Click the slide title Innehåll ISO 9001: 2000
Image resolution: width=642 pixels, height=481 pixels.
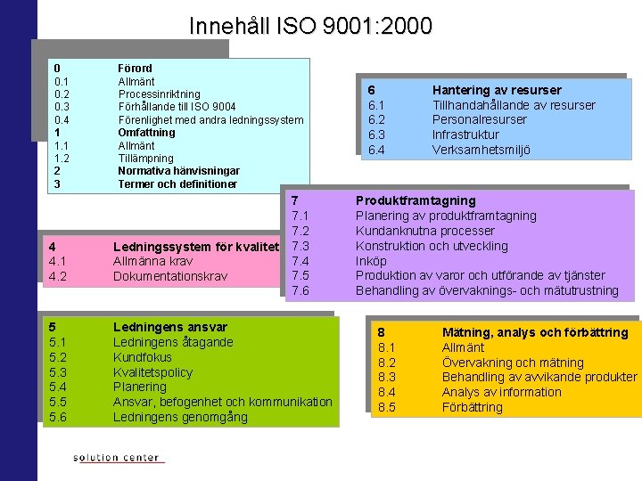click(x=310, y=26)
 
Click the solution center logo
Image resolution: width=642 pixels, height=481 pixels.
click(x=117, y=458)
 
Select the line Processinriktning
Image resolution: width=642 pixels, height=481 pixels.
click(x=159, y=94)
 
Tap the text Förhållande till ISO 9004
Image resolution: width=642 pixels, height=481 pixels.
click(x=177, y=107)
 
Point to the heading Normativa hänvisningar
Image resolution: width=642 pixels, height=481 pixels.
click(x=178, y=170)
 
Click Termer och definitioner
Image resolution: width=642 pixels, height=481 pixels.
click(x=177, y=183)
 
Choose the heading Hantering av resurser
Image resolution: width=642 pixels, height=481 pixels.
click(x=497, y=90)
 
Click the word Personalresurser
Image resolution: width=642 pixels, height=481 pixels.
click(x=479, y=119)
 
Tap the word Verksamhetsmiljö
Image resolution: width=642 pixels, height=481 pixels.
click(x=481, y=150)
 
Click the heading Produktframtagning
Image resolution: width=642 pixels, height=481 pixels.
click(x=416, y=200)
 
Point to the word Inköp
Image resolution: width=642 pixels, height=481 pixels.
click(x=371, y=261)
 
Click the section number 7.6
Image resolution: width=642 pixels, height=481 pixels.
click(x=300, y=291)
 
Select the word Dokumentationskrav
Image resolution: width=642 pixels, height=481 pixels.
click(x=169, y=276)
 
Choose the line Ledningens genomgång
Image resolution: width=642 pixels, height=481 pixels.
click(x=180, y=417)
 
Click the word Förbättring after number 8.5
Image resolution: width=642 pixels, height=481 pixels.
click(x=473, y=407)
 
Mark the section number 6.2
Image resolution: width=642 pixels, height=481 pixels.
click(x=376, y=119)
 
